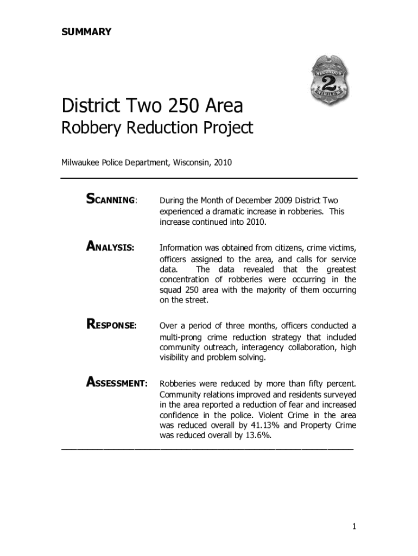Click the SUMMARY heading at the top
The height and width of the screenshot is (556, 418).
[86, 31]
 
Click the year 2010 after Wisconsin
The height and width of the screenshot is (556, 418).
[223, 162]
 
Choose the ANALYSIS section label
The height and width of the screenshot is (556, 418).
[111, 247]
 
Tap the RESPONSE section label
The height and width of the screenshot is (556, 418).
[111, 326]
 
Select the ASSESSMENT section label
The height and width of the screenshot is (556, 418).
[117, 383]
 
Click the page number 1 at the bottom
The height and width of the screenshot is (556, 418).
[353, 526]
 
